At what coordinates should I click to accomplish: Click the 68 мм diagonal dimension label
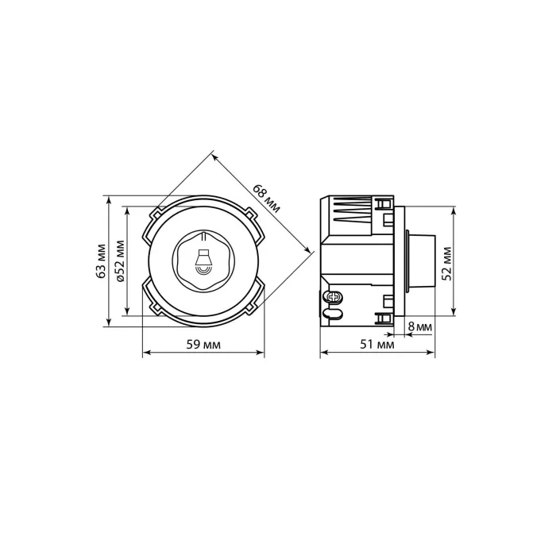[x=266, y=199]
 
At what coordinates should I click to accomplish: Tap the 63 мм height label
[x=102, y=261]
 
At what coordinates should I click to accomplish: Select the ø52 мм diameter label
[x=121, y=261]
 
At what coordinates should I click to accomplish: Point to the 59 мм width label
[x=203, y=344]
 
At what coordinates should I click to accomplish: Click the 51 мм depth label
[x=377, y=344]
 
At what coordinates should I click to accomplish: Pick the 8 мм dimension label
[x=420, y=326]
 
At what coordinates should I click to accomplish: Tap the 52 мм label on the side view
[x=447, y=264]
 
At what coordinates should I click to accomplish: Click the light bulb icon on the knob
[x=203, y=261]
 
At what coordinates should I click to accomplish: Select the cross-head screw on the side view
[x=334, y=297]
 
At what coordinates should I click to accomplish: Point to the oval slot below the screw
[x=333, y=314]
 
